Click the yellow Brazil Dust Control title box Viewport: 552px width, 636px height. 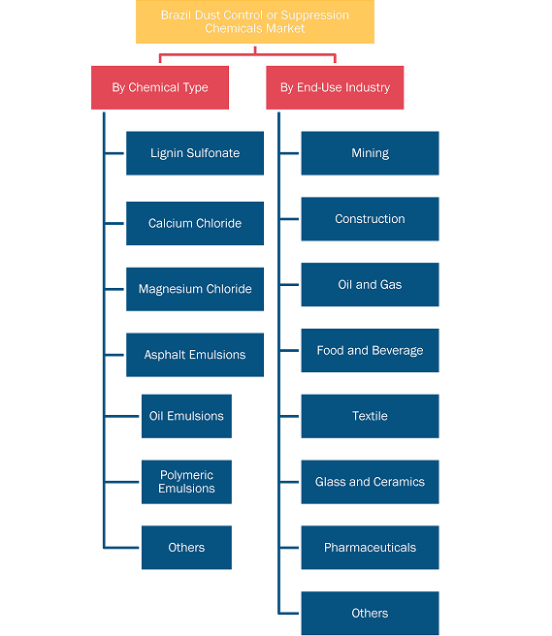(255, 22)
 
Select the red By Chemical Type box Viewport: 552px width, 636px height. (160, 87)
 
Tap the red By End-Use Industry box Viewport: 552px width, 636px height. (335, 87)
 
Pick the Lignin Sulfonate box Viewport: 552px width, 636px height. (195, 153)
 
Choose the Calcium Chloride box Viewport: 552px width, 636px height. (195, 224)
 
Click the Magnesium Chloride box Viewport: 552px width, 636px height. (195, 289)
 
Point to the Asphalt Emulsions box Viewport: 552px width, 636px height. (195, 355)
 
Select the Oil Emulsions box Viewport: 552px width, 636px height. (186, 416)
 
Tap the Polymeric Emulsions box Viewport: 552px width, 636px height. (186, 482)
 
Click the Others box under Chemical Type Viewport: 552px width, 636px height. (186, 548)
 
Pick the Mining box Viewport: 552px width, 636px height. (370, 153)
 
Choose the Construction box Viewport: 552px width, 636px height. (370, 219)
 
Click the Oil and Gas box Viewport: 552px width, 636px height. (370, 285)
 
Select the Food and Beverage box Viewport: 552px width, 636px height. (370, 350)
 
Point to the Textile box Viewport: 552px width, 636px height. (370, 416)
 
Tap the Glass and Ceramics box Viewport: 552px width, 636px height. (370, 482)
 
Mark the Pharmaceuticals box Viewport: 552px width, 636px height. (370, 548)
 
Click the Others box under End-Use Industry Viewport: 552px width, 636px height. (370, 614)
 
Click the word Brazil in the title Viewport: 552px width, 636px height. (177, 16)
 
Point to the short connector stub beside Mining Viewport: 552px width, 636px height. (289, 153)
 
